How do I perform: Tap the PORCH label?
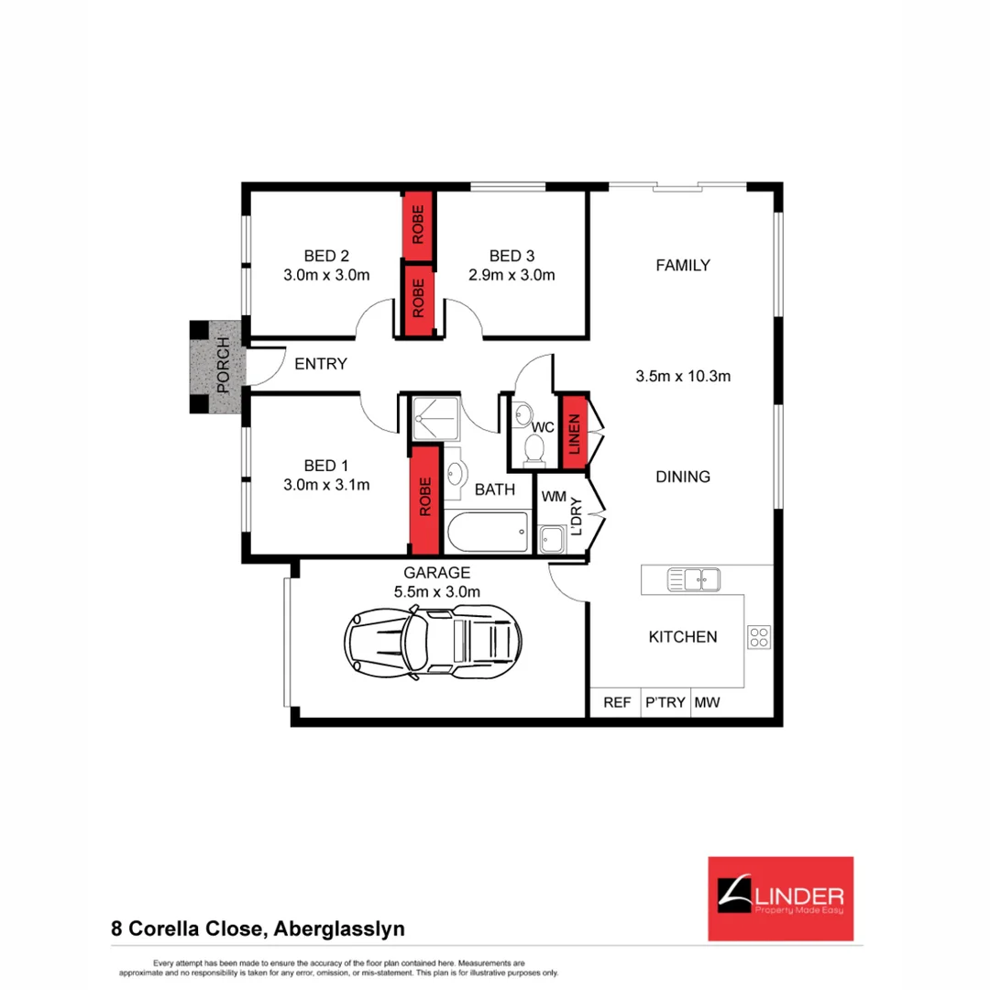tap(220, 368)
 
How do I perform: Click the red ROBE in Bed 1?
tap(424, 500)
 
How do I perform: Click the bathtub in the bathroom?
tap(487, 531)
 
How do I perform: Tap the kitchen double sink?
tap(693, 578)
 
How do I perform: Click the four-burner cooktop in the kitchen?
tap(759, 637)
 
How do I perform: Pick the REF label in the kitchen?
tap(616, 703)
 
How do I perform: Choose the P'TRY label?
tap(665, 703)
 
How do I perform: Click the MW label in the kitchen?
tap(707, 703)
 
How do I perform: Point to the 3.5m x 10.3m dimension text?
tap(682, 376)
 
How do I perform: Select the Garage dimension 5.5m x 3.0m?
tap(437, 591)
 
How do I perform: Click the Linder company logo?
tap(781, 898)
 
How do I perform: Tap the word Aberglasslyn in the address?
tap(339, 929)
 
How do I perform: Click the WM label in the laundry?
tap(554, 496)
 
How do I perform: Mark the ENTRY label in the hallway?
tap(321, 364)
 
